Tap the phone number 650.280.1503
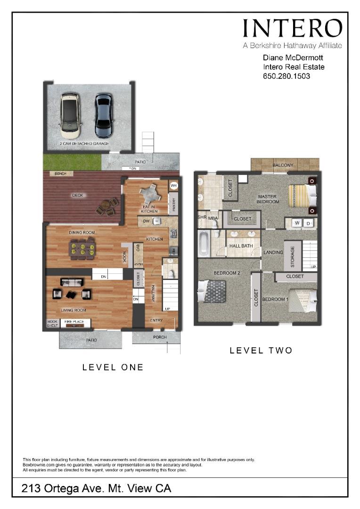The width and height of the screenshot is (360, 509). click(x=286, y=76)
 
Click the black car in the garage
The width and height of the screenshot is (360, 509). click(x=103, y=115)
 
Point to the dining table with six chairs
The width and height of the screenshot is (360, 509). click(x=82, y=248)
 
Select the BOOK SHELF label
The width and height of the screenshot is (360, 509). click(x=52, y=323)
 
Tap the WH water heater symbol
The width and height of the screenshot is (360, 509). click(x=173, y=185)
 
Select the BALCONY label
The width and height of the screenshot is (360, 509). click(x=283, y=165)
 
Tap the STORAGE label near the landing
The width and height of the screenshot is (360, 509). click(x=293, y=255)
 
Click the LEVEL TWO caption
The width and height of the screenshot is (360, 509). click(x=261, y=351)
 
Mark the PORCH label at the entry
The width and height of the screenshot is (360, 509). click(x=160, y=337)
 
